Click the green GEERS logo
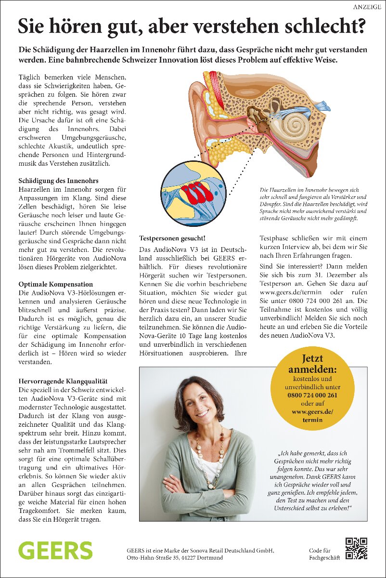pyautogui.click(x=55, y=550)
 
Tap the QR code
pyautogui.click(x=356, y=548)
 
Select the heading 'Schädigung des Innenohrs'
pyautogui.click(x=58, y=181)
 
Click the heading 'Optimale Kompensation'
pyautogui.click(x=56, y=284)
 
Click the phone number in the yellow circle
pyautogui.click(x=312, y=395)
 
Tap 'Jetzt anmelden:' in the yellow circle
pyautogui.click(x=312, y=364)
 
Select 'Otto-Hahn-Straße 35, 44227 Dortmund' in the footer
pyautogui.click(x=175, y=558)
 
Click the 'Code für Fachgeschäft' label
pyautogui.click(x=324, y=554)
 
